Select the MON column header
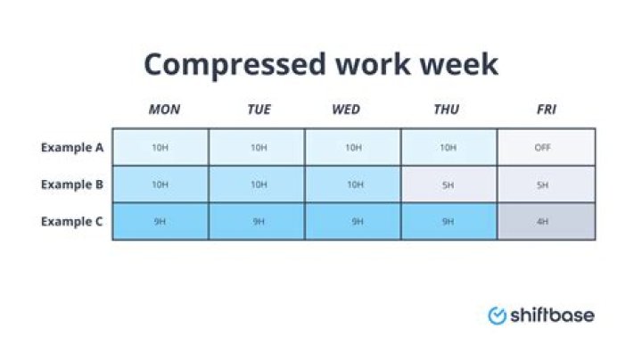(163, 110)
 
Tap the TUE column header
(259, 110)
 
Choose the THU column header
(446, 110)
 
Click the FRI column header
(546, 110)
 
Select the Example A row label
(72, 147)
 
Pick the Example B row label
(72, 184)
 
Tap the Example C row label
(72, 222)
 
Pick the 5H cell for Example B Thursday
(449, 184)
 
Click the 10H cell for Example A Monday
(160, 147)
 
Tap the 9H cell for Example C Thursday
(449, 222)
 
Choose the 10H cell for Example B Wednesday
(354, 184)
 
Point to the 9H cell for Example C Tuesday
(257, 222)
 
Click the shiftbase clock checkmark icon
(497, 315)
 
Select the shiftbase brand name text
(552, 315)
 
